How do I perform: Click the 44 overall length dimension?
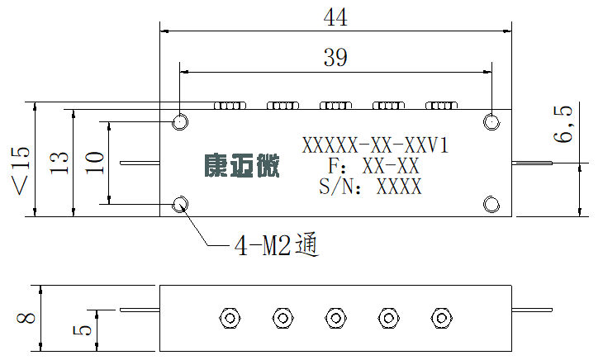click(x=335, y=17)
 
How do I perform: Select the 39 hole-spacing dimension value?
click(x=335, y=58)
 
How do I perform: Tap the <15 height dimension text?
click(x=21, y=171)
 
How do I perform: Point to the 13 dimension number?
click(x=59, y=163)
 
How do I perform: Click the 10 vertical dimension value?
click(x=95, y=163)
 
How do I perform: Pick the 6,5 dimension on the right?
click(x=563, y=124)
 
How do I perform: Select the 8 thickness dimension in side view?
click(x=26, y=318)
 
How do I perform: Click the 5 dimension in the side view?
click(x=83, y=330)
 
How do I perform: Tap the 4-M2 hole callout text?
click(x=277, y=245)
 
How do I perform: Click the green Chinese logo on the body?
click(x=241, y=166)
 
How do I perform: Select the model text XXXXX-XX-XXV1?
click(x=375, y=145)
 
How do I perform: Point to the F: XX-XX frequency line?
click(x=374, y=166)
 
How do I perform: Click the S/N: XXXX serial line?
click(x=371, y=187)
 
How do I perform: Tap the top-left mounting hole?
click(x=179, y=122)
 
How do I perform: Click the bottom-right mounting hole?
click(x=491, y=205)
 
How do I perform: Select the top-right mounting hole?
click(x=491, y=122)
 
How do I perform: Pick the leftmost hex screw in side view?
click(x=230, y=318)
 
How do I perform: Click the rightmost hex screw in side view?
click(x=441, y=318)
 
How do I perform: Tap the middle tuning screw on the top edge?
click(x=335, y=105)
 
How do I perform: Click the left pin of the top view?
click(x=140, y=163)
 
